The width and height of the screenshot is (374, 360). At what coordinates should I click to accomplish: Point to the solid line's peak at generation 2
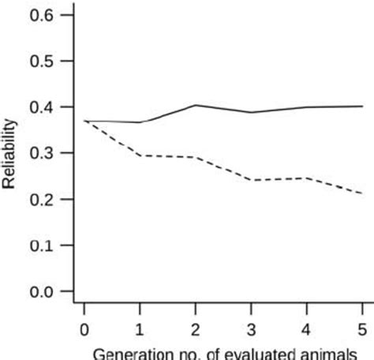click(196, 105)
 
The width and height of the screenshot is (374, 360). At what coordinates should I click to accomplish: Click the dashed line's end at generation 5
click(361, 193)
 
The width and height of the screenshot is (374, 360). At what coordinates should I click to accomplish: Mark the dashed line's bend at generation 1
click(140, 156)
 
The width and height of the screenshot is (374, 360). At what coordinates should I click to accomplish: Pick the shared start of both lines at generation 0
click(84, 121)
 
